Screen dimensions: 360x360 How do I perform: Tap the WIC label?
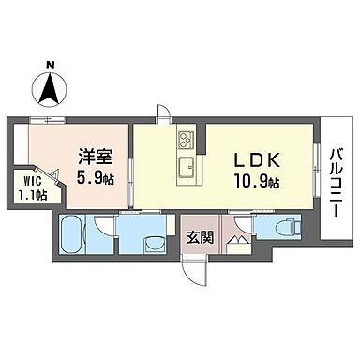(27, 183)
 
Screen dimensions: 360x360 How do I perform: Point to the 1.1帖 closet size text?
(27, 196)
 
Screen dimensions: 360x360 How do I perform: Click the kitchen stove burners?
(185, 142)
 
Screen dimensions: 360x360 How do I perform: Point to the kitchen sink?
(186, 169)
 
